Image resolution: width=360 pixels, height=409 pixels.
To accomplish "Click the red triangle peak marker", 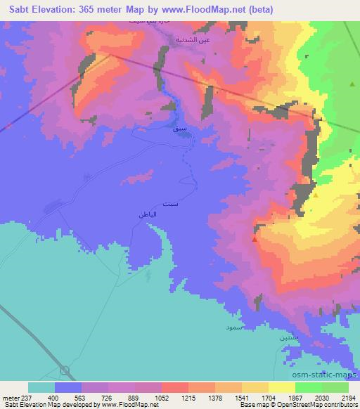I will tap(254, 240).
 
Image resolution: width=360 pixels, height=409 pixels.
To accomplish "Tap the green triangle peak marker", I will tap(352, 84).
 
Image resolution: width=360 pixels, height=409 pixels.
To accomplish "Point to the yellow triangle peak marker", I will tap(316, 195).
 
